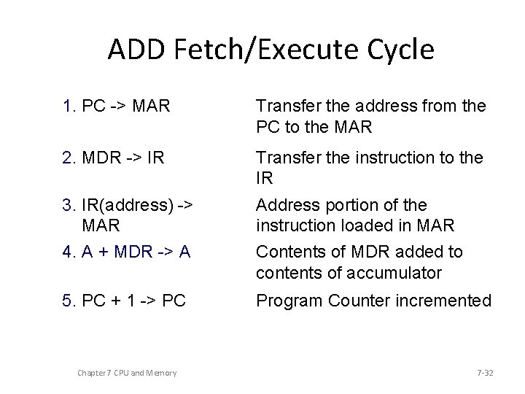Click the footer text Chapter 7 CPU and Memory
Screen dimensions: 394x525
point(126,373)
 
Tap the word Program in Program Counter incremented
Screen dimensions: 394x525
point(289,300)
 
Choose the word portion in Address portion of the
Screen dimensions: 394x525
point(351,206)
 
